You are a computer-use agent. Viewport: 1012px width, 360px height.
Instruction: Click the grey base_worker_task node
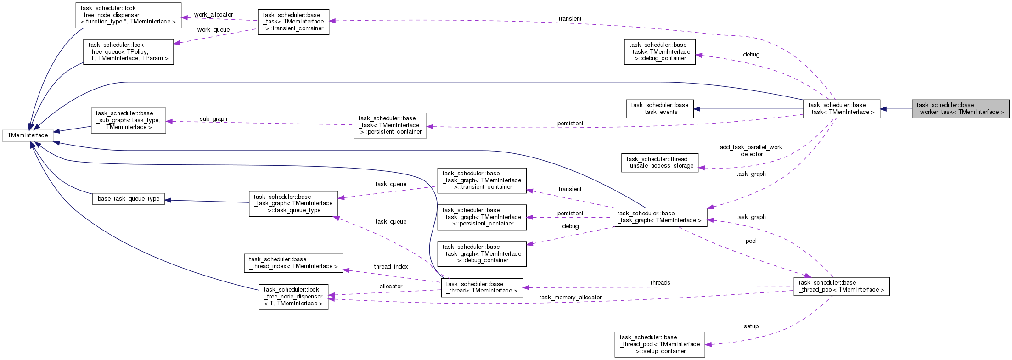(x=961, y=109)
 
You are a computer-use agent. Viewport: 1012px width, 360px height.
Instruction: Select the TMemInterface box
(x=28, y=135)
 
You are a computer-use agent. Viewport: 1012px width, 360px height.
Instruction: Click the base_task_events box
(x=659, y=109)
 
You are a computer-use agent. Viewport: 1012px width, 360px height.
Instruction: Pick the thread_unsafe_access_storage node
(x=659, y=163)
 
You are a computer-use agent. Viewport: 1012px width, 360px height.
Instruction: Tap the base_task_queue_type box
(x=129, y=199)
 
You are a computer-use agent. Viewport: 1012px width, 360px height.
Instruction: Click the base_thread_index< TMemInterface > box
(x=293, y=263)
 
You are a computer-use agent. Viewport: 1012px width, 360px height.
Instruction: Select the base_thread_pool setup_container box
(x=659, y=344)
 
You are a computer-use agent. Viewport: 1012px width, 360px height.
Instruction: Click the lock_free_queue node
(x=128, y=52)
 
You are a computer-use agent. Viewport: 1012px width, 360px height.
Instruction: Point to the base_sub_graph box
(x=128, y=120)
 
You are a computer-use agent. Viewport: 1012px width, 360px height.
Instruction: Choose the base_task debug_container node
(x=659, y=52)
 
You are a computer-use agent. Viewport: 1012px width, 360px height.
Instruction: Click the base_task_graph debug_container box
(x=482, y=254)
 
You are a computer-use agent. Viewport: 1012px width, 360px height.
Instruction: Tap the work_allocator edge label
(x=214, y=15)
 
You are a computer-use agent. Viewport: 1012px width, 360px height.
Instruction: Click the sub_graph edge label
(x=214, y=119)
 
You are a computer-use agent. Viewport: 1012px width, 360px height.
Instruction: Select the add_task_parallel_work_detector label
(x=751, y=151)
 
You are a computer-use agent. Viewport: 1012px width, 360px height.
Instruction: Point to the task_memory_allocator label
(x=570, y=298)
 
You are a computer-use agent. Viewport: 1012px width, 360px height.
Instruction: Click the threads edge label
(x=660, y=283)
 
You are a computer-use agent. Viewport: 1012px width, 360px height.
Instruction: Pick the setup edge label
(x=751, y=326)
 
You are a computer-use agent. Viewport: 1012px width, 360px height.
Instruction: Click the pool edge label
(x=751, y=241)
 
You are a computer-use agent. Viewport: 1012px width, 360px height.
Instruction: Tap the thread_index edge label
(x=391, y=267)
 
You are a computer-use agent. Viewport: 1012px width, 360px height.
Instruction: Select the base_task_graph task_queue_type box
(x=293, y=203)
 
